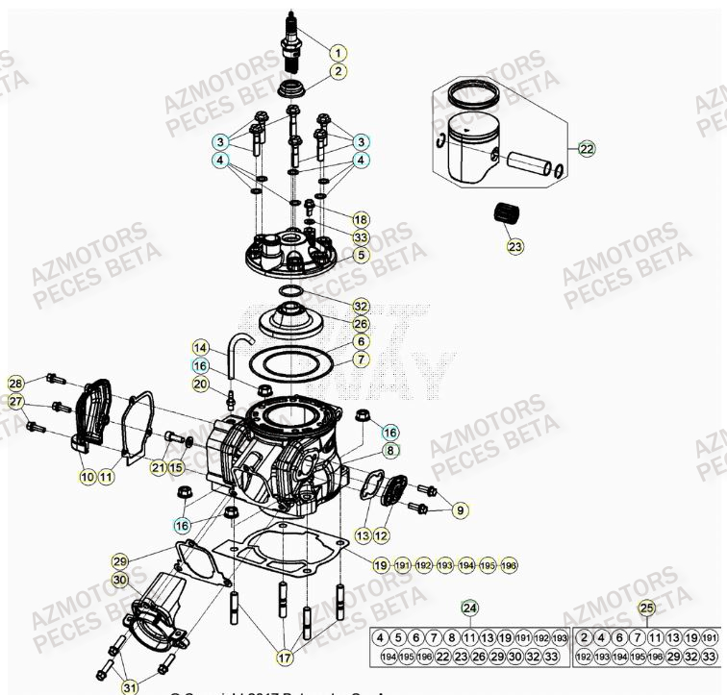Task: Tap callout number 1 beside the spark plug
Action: point(338,52)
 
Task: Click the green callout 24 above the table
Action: point(468,608)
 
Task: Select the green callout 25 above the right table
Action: point(646,608)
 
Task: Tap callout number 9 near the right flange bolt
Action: point(458,509)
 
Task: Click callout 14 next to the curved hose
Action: point(200,347)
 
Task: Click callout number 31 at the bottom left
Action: point(128,686)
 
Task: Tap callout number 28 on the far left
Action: point(15,384)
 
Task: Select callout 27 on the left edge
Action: point(15,401)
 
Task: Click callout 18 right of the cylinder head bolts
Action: point(360,219)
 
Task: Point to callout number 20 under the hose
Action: point(200,384)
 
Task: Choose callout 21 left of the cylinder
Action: point(158,467)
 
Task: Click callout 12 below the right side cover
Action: point(381,534)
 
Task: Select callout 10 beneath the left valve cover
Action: point(87,476)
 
